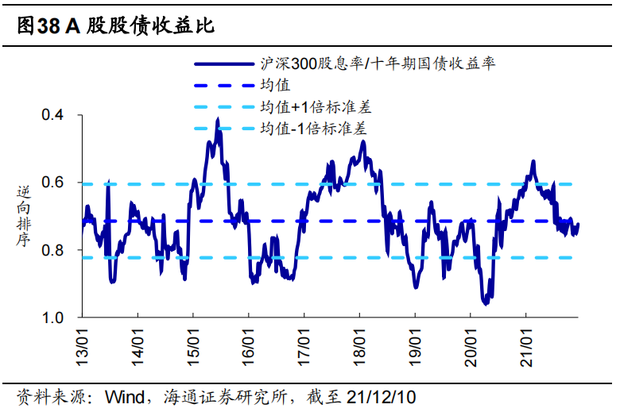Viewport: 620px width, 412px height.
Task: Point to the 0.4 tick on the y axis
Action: pos(53,116)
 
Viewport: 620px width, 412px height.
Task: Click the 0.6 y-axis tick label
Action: pos(53,183)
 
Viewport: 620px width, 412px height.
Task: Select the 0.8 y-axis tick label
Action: pos(53,251)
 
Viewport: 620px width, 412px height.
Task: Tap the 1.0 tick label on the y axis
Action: pos(53,318)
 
